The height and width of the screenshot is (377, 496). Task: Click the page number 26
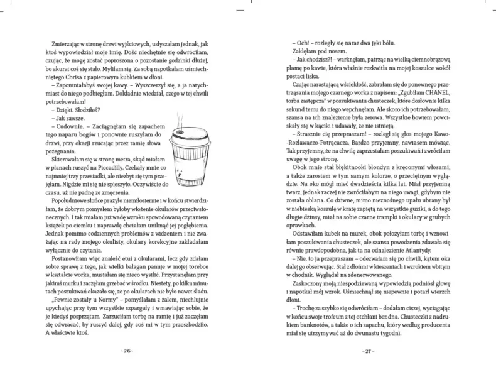coord(126,350)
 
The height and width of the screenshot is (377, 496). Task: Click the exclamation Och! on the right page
coord(307,43)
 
